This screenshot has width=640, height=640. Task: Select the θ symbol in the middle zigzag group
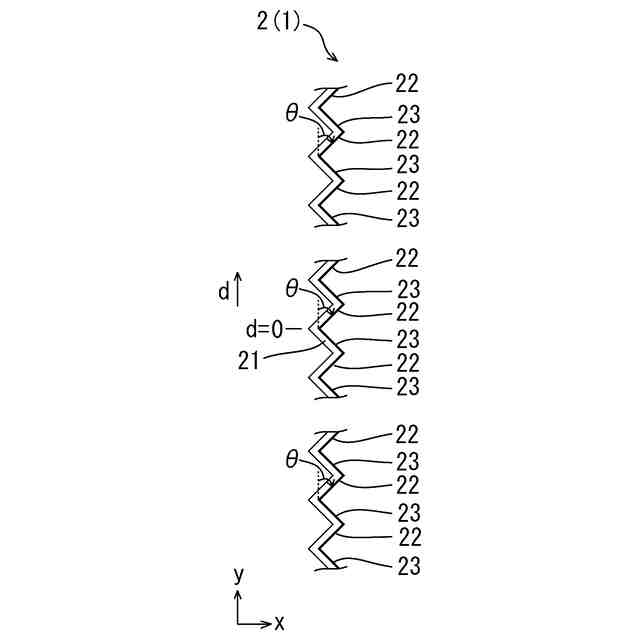(x=292, y=288)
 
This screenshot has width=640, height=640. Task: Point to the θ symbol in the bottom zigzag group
(x=292, y=460)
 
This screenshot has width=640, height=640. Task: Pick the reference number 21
(x=251, y=361)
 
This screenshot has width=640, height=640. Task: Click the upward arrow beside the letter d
(x=238, y=289)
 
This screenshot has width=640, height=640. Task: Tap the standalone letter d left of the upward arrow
(x=224, y=292)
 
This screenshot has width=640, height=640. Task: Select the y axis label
(x=238, y=575)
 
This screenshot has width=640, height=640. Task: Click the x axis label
(x=280, y=624)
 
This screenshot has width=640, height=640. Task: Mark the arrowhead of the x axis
(x=267, y=624)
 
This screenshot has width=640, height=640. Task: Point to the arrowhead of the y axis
(x=238, y=594)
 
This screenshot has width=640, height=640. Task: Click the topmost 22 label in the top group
(x=407, y=83)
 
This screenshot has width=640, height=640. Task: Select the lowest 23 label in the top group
(x=407, y=218)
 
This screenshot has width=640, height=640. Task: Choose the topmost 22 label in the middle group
(x=407, y=257)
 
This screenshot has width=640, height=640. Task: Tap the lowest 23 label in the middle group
(x=407, y=385)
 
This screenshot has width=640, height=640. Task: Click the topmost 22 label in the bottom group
(x=407, y=434)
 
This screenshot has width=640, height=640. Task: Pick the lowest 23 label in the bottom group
(x=407, y=566)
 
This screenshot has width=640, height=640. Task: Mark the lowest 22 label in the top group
(x=407, y=191)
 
